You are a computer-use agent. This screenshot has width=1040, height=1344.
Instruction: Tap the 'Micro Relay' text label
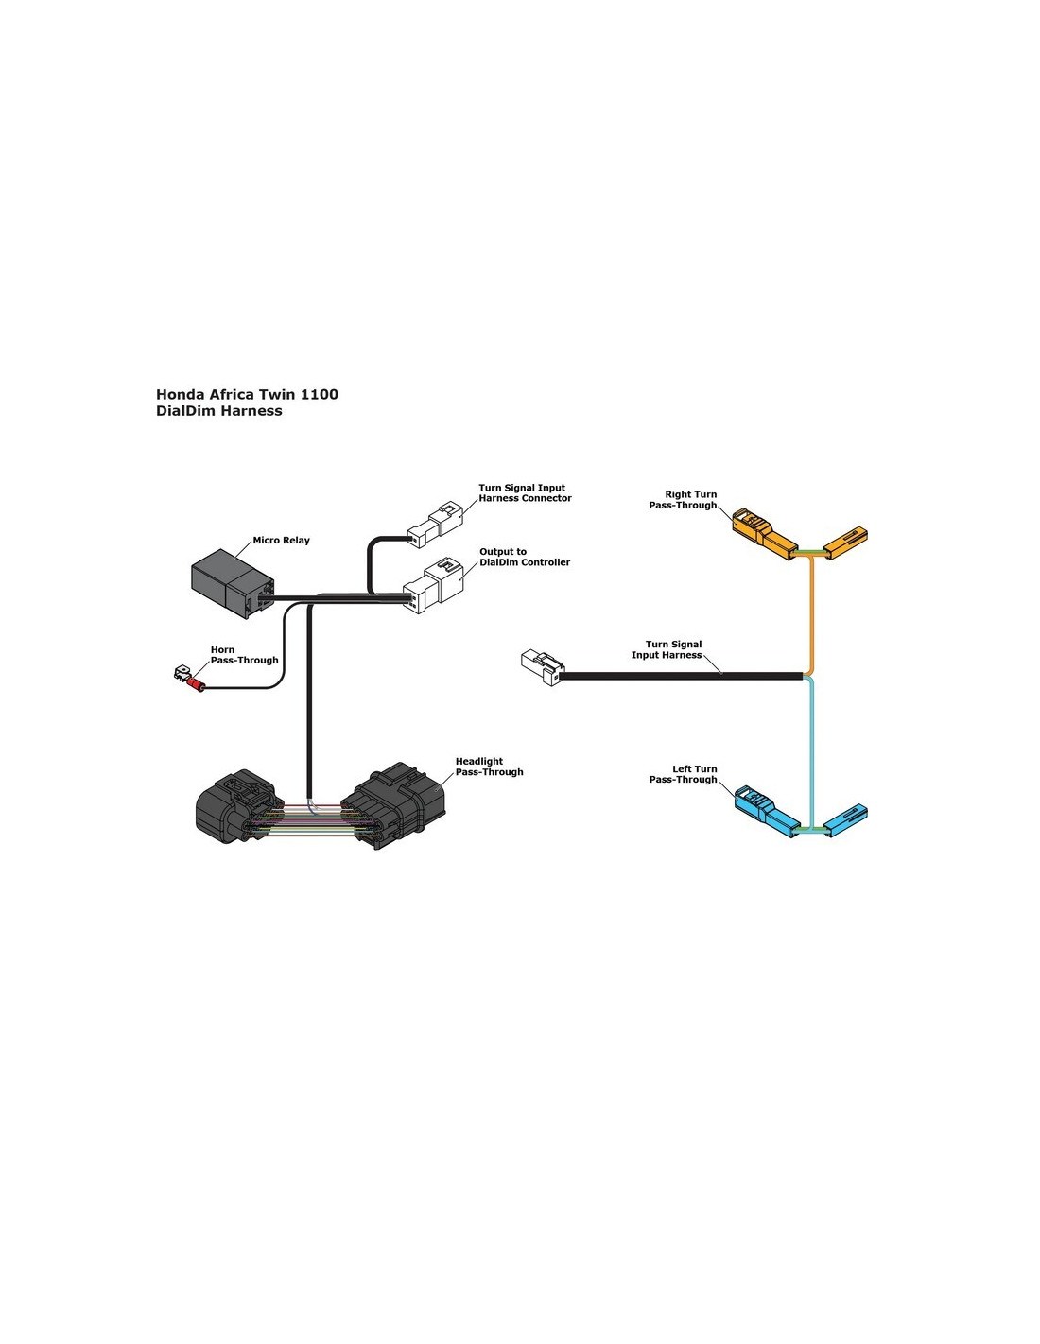pos(281,541)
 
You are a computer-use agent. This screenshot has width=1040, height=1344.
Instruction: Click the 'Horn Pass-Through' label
pos(244,655)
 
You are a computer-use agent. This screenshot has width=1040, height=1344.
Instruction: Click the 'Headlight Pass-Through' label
pos(489,767)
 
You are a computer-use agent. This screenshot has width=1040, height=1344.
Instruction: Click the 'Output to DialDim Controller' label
pos(524,557)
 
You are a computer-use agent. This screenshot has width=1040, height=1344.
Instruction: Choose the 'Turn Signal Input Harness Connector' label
pos(525,493)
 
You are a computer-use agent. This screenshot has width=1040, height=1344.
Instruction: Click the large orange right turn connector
pos(764,533)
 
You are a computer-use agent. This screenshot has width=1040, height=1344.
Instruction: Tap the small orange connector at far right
pos(845,542)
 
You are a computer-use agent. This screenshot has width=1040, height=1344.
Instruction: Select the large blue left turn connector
pos(766,811)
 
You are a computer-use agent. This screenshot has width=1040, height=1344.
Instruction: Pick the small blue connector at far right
pos(845,819)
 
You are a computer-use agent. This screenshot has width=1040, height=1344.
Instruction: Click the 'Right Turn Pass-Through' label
pos(684,500)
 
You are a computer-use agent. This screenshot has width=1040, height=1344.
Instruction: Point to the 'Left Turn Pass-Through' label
pos(684,774)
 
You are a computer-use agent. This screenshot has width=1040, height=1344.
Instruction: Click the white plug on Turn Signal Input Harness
pos(541,666)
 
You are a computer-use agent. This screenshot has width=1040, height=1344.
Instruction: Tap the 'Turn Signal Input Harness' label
pos(667,649)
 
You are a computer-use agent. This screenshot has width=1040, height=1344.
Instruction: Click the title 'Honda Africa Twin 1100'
pos(247,395)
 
